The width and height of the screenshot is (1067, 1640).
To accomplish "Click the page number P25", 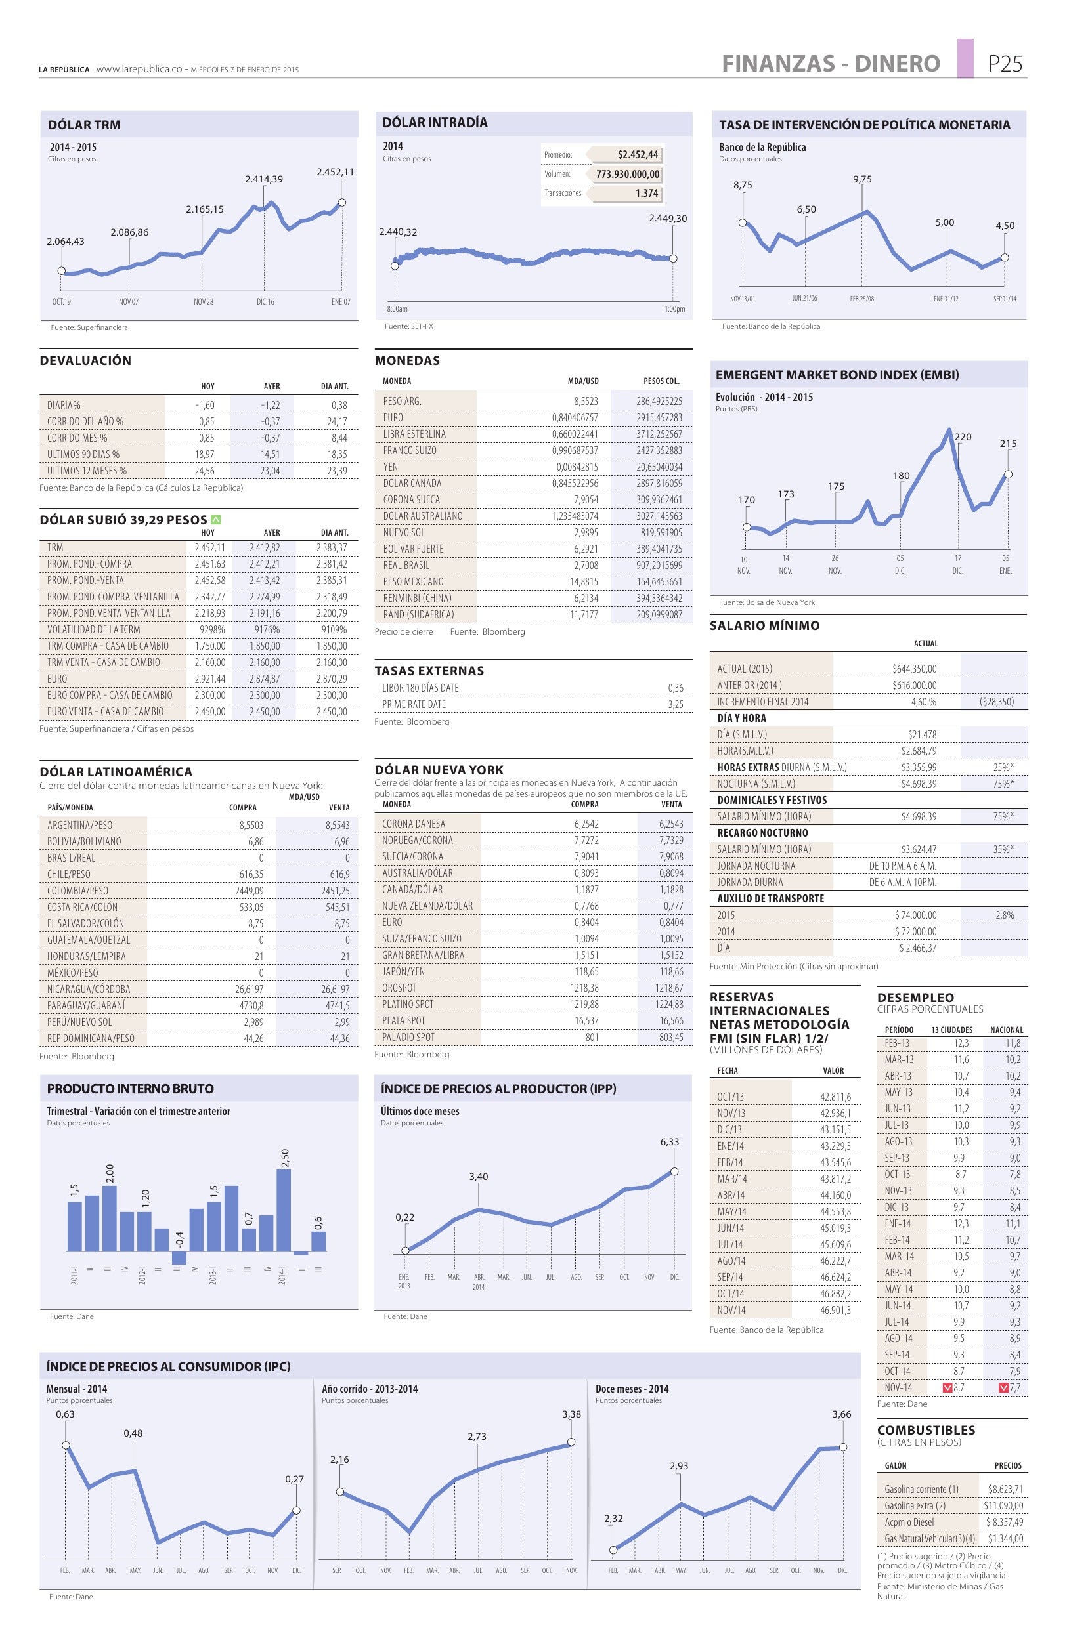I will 1005,64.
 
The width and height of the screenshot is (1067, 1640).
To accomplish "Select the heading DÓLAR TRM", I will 84,125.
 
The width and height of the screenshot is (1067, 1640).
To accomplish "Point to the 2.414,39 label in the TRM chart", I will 264,179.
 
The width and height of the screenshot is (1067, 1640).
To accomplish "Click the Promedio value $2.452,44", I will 638,154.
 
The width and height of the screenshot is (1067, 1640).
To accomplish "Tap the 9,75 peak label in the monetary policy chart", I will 862,179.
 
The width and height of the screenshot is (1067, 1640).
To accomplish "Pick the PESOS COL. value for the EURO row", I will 659,417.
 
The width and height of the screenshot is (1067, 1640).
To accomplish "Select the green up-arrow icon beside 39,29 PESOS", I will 216,520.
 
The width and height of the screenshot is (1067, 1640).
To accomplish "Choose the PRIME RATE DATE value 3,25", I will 676,704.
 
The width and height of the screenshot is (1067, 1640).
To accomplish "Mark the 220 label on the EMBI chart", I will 962,437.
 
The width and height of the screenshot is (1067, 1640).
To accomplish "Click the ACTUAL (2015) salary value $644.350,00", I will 914,668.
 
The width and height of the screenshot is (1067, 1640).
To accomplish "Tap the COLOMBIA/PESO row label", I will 78,891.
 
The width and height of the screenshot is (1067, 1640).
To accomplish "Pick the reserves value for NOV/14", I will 835,1310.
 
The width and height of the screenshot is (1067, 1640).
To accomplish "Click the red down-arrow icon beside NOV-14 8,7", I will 947,1388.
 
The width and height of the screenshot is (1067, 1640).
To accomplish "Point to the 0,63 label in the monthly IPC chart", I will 66,1415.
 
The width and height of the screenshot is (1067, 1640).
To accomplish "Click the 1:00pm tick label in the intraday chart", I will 675,309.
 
